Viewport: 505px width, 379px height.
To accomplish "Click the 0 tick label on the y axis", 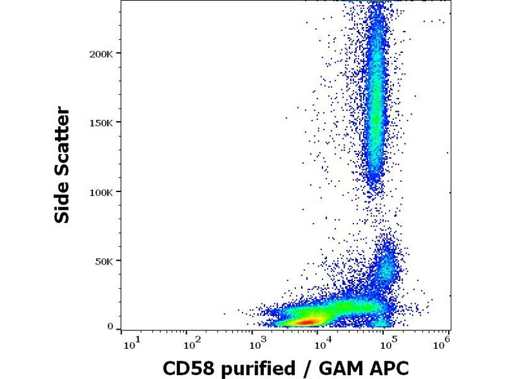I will pos(110,327).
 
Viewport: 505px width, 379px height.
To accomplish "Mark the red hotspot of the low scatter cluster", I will pos(307,322).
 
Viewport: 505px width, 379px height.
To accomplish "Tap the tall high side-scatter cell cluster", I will pos(376,107).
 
